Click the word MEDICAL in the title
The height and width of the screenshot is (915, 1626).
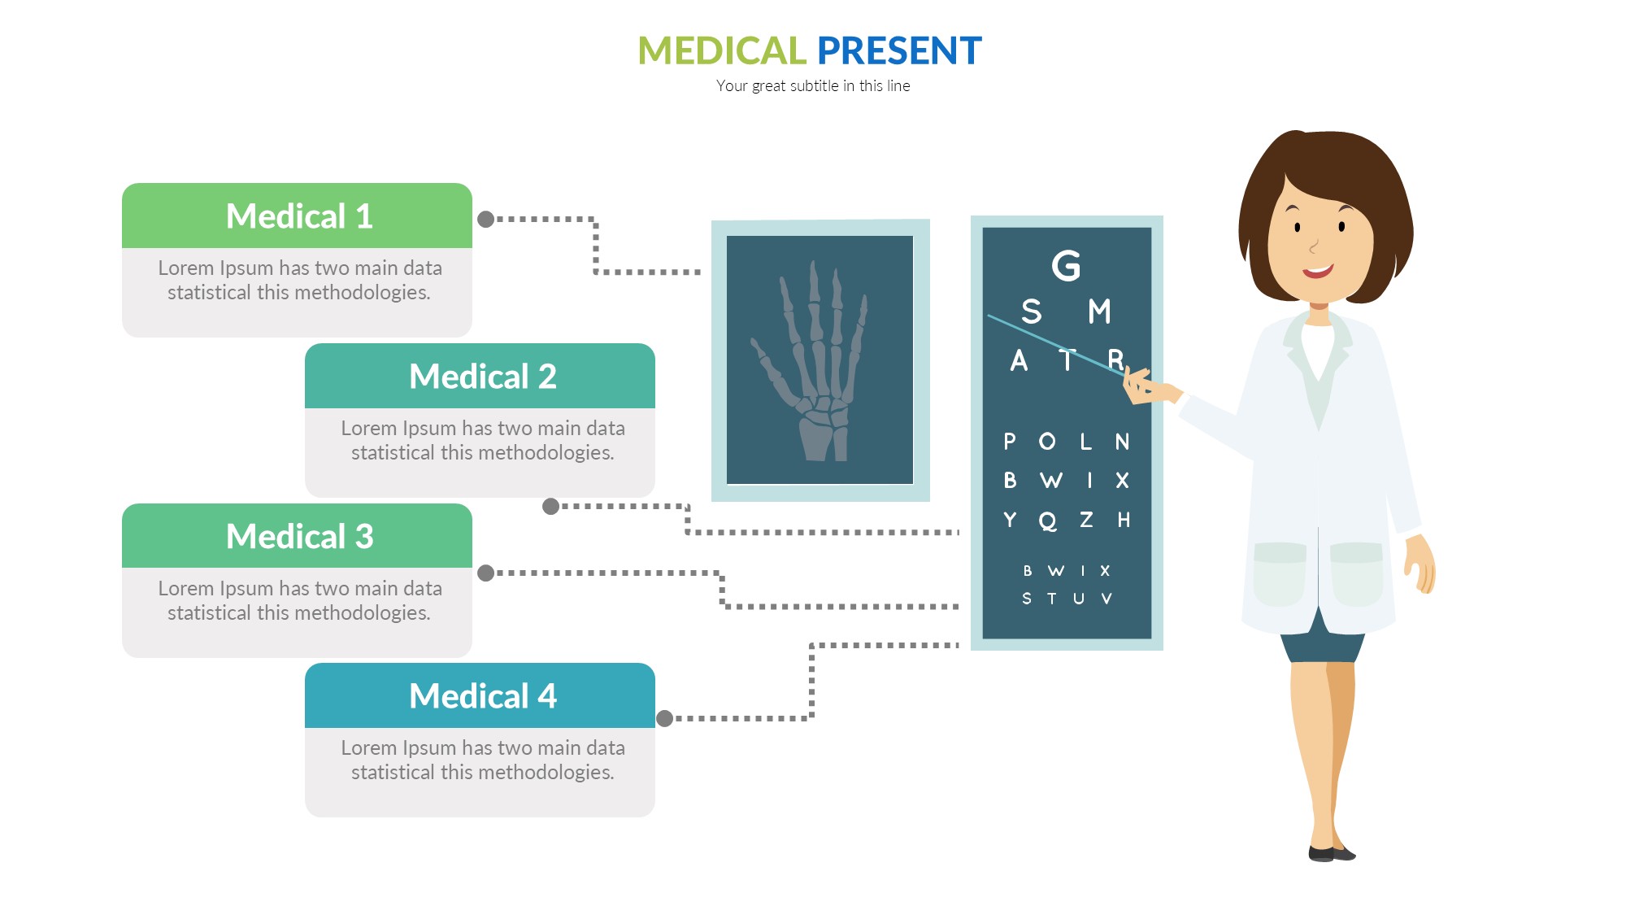click(x=721, y=50)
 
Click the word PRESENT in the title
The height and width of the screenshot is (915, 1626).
click(x=899, y=50)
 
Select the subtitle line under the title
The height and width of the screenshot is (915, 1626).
click(x=813, y=85)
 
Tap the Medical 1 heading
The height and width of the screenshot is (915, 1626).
click(x=299, y=216)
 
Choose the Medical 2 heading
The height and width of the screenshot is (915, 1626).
click(x=483, y=377)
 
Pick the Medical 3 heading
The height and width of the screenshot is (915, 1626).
click(x=299, y=537)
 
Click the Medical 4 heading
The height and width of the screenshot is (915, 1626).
click(x=483, y=696)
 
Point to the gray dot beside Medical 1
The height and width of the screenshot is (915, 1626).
click(x=486, y=220)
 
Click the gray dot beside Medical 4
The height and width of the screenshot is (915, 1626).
click(x=664, y=718)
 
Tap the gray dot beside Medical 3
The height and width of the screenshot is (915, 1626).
click(x=486, y=573)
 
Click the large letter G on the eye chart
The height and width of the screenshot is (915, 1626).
click(x=1066, y=266)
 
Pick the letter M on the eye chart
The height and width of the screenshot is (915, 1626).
click(x=1099, y=312)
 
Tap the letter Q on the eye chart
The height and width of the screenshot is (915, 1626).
click(x=1048, y=521)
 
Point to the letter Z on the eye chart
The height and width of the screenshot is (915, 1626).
click(x=1086, y=520)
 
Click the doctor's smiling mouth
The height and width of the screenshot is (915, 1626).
click(x=1318, y=271)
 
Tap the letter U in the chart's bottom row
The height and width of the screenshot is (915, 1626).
click(x=1079, y=599)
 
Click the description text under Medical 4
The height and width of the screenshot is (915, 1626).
click(x=483, y=760)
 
